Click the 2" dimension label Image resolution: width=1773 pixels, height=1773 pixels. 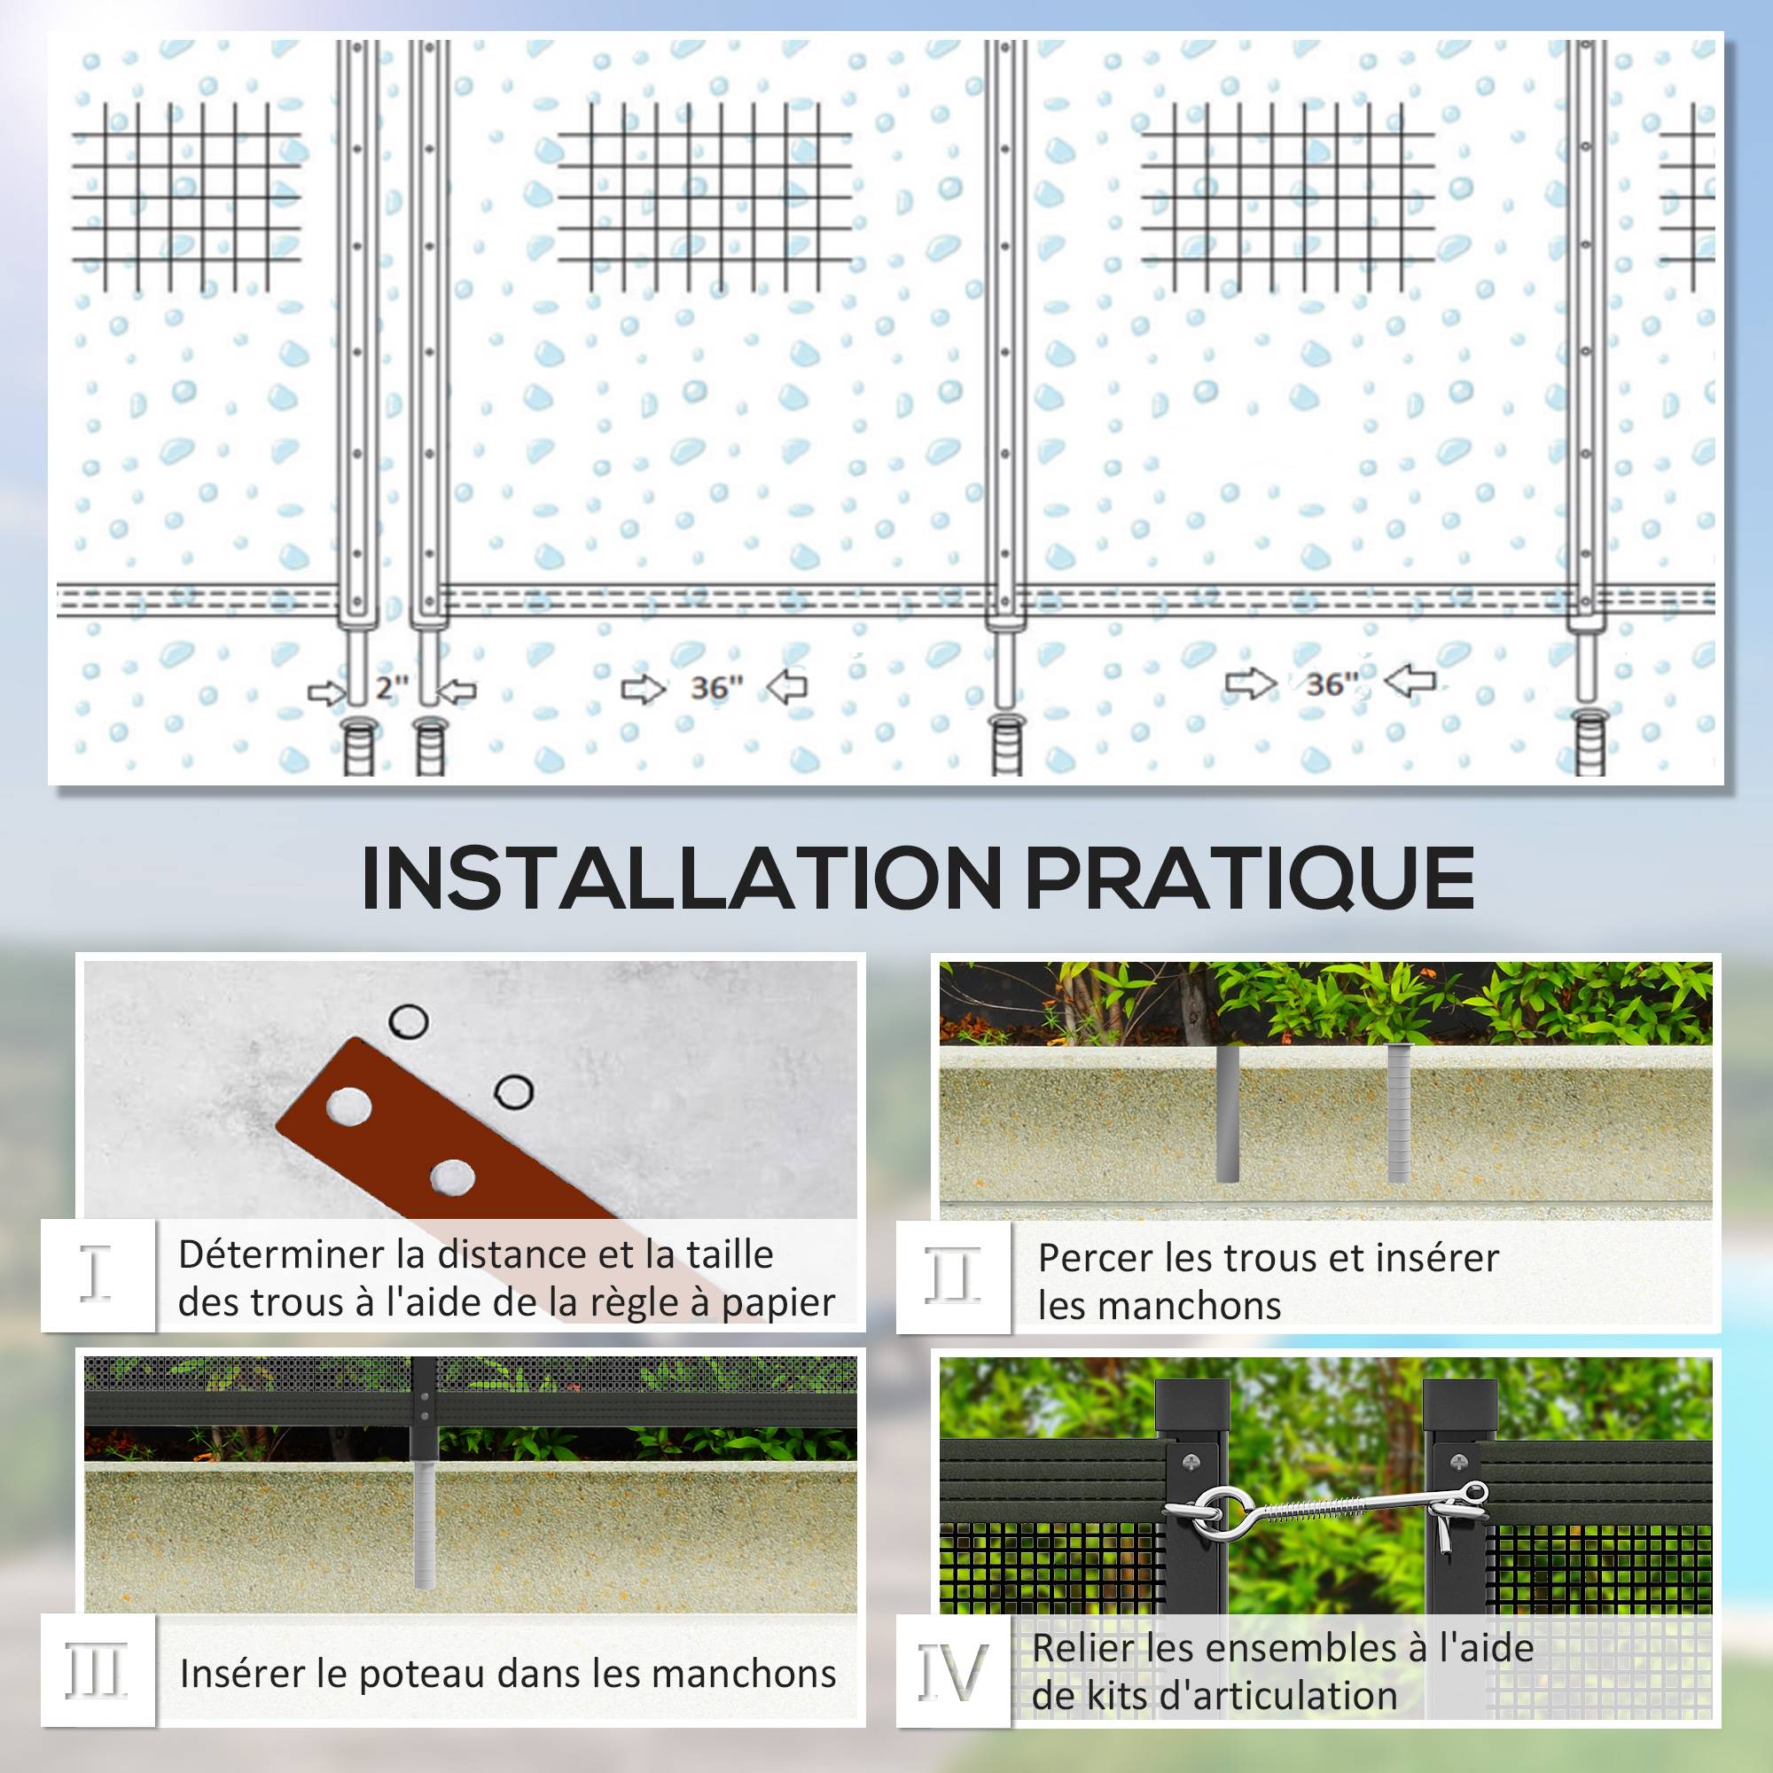pyautogui.click(x=391, y=687)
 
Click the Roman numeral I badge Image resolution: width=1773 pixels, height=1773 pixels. pyautogui.click(x=96, y=1275)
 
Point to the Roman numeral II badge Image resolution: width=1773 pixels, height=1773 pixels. pyautogui.click(x=953, y=1276)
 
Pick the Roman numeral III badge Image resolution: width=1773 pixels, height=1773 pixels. pyautogui.click(x=97, y=1672)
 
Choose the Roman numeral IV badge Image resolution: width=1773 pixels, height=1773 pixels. pyautogui.click(x=954, y=1672)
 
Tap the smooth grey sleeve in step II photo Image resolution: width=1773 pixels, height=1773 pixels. pyautogui.click(x=1227, y=1113)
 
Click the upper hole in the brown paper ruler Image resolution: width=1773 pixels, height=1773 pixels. pyautogui.click(x=349, y=1106)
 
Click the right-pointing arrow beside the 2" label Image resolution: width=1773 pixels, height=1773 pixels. pyautogui.click(x=327, y=693)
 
